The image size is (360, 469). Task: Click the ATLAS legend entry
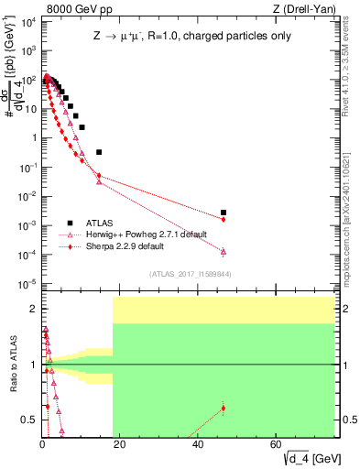pos(101,223)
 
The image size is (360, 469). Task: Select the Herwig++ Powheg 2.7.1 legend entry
pos(140,234)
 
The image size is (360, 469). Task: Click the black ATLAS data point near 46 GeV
pos(224,213)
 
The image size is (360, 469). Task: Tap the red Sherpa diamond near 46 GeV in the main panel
pos(224,219)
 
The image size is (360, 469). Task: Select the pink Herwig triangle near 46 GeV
pos(224,251)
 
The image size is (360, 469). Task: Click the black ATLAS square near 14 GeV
pos(99,152)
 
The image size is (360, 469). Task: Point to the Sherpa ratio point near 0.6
pos(224,408)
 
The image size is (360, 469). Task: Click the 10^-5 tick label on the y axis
pos(27,283)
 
